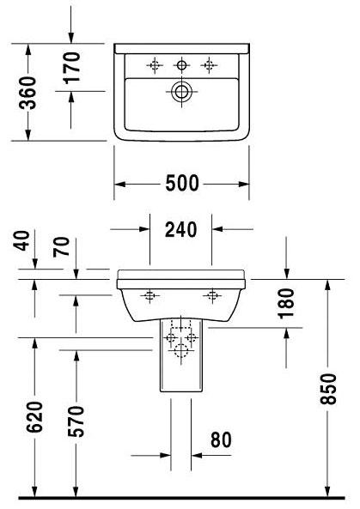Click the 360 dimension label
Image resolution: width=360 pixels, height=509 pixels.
pos(27,93)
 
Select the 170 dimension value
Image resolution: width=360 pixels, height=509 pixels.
pos(71,68)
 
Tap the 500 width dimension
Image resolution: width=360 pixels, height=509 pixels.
pos(182,183)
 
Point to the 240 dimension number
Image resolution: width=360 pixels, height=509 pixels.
pos(181,229)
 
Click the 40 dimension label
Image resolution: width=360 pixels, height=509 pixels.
pos(21,240)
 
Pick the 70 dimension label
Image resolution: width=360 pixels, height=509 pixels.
pos(61,247)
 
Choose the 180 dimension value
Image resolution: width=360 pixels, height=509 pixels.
pos(286,304)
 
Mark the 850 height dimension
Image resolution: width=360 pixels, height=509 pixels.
pos(328,389)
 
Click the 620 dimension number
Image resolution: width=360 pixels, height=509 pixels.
pos(34,417)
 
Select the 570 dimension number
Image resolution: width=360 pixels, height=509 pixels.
pos(76,421)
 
